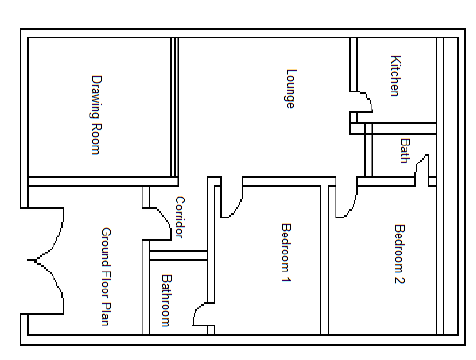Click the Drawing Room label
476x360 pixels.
pos(96,115)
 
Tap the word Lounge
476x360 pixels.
pos(290,88)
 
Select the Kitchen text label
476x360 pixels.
pos(395,76)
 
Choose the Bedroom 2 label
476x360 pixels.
pos(399,254)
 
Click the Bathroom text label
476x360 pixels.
pos(166,300)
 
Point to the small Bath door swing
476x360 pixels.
pos(423,169)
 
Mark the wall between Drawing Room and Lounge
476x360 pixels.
pos(174,110)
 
